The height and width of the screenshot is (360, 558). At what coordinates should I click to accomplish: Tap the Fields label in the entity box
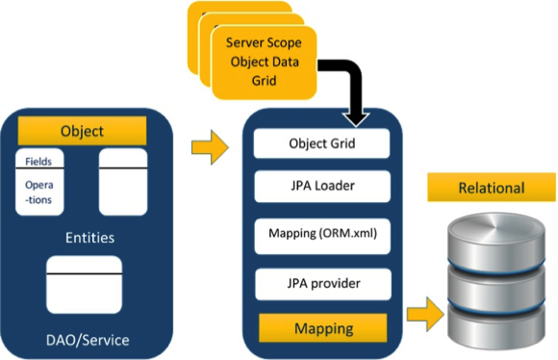(x=39, y=161)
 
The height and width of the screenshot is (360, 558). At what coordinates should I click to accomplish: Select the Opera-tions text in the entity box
(x=39, y=193)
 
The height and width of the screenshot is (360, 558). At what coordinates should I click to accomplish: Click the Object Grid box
(x=321, y=144)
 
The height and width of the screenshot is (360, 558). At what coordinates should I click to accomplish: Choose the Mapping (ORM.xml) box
(x=321, y=233)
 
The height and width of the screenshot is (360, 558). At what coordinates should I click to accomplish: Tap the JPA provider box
(x=321, y=284)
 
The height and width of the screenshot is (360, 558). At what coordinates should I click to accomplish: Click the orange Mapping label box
(x=321, y=328)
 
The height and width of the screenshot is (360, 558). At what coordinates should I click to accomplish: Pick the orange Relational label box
(x=491, y=188)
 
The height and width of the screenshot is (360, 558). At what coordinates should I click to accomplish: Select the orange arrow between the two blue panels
(x=213, y=147)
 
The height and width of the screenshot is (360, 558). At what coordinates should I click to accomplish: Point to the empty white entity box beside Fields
(x=123, y=181)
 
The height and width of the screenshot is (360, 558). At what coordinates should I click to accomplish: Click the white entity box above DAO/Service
(x=84, y=284)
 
